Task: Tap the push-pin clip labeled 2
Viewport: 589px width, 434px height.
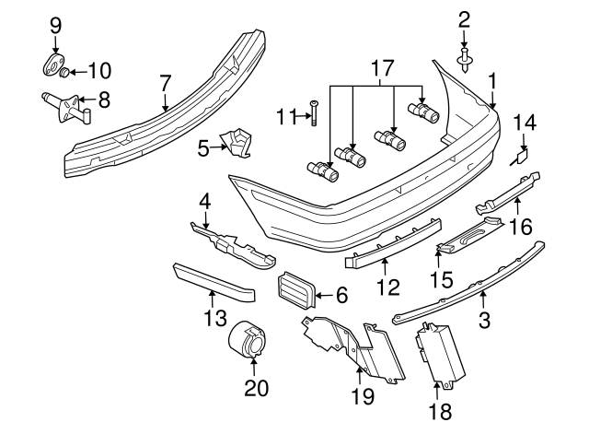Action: click(465, 58)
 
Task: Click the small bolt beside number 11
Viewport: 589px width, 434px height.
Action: click(314, 113)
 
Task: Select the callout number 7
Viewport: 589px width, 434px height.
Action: click(166, 84)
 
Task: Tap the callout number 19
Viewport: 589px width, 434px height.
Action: click(362, 396)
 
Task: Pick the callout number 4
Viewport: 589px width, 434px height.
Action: click(205, 198)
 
